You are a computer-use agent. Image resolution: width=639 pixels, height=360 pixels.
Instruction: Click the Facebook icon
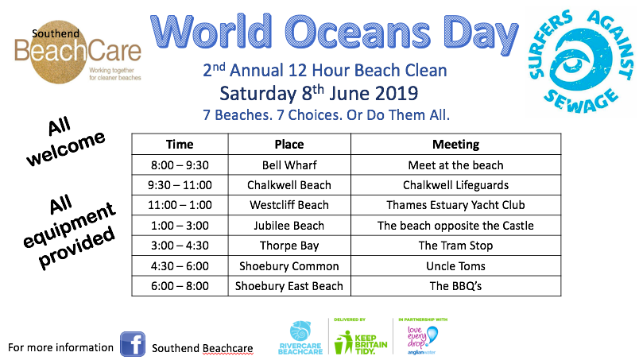[x=133, y=344]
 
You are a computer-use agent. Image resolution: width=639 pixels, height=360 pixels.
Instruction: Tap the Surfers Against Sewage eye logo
[x=581, y=60]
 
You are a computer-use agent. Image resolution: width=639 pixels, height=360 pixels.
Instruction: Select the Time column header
[x=180, y=145]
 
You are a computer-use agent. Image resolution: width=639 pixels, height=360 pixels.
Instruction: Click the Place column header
[x=289, y=145]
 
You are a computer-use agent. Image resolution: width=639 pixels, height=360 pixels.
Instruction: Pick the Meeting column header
[x=455, y=145]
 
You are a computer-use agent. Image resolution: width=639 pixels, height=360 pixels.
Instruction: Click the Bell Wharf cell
[x=289, y=165]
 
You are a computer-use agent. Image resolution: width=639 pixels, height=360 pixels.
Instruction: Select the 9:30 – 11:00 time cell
[x=180, y=185]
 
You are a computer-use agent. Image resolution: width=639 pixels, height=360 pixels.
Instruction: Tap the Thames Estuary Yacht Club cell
[x=455, y=205]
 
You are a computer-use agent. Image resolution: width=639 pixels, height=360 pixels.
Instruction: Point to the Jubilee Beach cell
[x=289, y=226]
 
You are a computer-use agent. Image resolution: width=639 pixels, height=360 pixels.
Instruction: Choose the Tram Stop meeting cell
[x=455, y=246]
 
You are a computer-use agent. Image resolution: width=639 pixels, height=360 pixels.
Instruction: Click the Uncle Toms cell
[x=455, y=265]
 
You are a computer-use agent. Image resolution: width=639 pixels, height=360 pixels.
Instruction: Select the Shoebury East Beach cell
[x=289, y=286]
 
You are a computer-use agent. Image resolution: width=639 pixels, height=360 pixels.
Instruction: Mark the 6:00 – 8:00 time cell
[x=180, y=286]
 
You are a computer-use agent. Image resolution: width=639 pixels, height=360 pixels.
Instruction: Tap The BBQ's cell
[x=455, y=286]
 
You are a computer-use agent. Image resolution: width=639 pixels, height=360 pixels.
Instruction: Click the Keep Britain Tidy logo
[x=360, y=342]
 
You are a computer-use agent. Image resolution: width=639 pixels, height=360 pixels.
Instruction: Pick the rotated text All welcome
[x=64, y=141]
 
